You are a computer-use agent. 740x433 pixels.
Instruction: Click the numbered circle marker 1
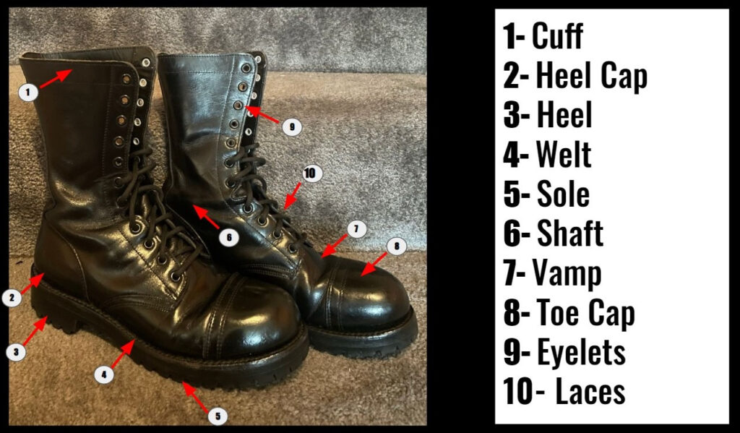pyautogui.click(x=28, y=92)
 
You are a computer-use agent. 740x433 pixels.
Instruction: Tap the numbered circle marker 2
pyautogui.click(x=12, y=298)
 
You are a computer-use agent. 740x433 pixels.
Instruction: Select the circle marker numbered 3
pyautogui.click(x=16, y=352)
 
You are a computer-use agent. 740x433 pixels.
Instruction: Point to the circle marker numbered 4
pyautogui.click(x=104, y=375)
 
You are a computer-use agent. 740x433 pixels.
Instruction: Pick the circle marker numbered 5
pyautogui.click(x=218, y=416)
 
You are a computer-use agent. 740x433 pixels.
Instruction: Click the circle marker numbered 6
pyautogui.click(x=229, y=236)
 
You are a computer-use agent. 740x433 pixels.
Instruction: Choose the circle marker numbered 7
pyautogui.click(x=356, y=229)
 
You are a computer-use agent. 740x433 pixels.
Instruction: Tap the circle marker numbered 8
pyautogui.click(x=397, y=246)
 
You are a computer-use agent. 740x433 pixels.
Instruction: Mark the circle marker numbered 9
pyautogui.click(x=292, y=127)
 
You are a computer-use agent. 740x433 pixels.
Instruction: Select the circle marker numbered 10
pyautogui.click(x=309, y=173)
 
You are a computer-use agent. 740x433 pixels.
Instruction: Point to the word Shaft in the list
pyautogui.click(x=570, y=233)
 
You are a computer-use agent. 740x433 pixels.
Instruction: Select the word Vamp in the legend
pyautogui.click(x=567, y=274)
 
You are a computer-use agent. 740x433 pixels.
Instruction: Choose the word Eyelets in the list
pyautogui.click(x=582, y=352)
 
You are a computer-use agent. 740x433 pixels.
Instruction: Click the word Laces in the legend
pyautogui.click(x=590, y=391)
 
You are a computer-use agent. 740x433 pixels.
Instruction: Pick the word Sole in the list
pyautogui.click(x=563, y=194)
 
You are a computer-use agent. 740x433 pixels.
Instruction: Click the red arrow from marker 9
pyautogui.click(x=262, y=114)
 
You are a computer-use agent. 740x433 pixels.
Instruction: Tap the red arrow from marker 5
pyautogui.click(x=195, y=397)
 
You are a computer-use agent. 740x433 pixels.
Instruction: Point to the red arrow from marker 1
pyautogui.click(x=56, y=78)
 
